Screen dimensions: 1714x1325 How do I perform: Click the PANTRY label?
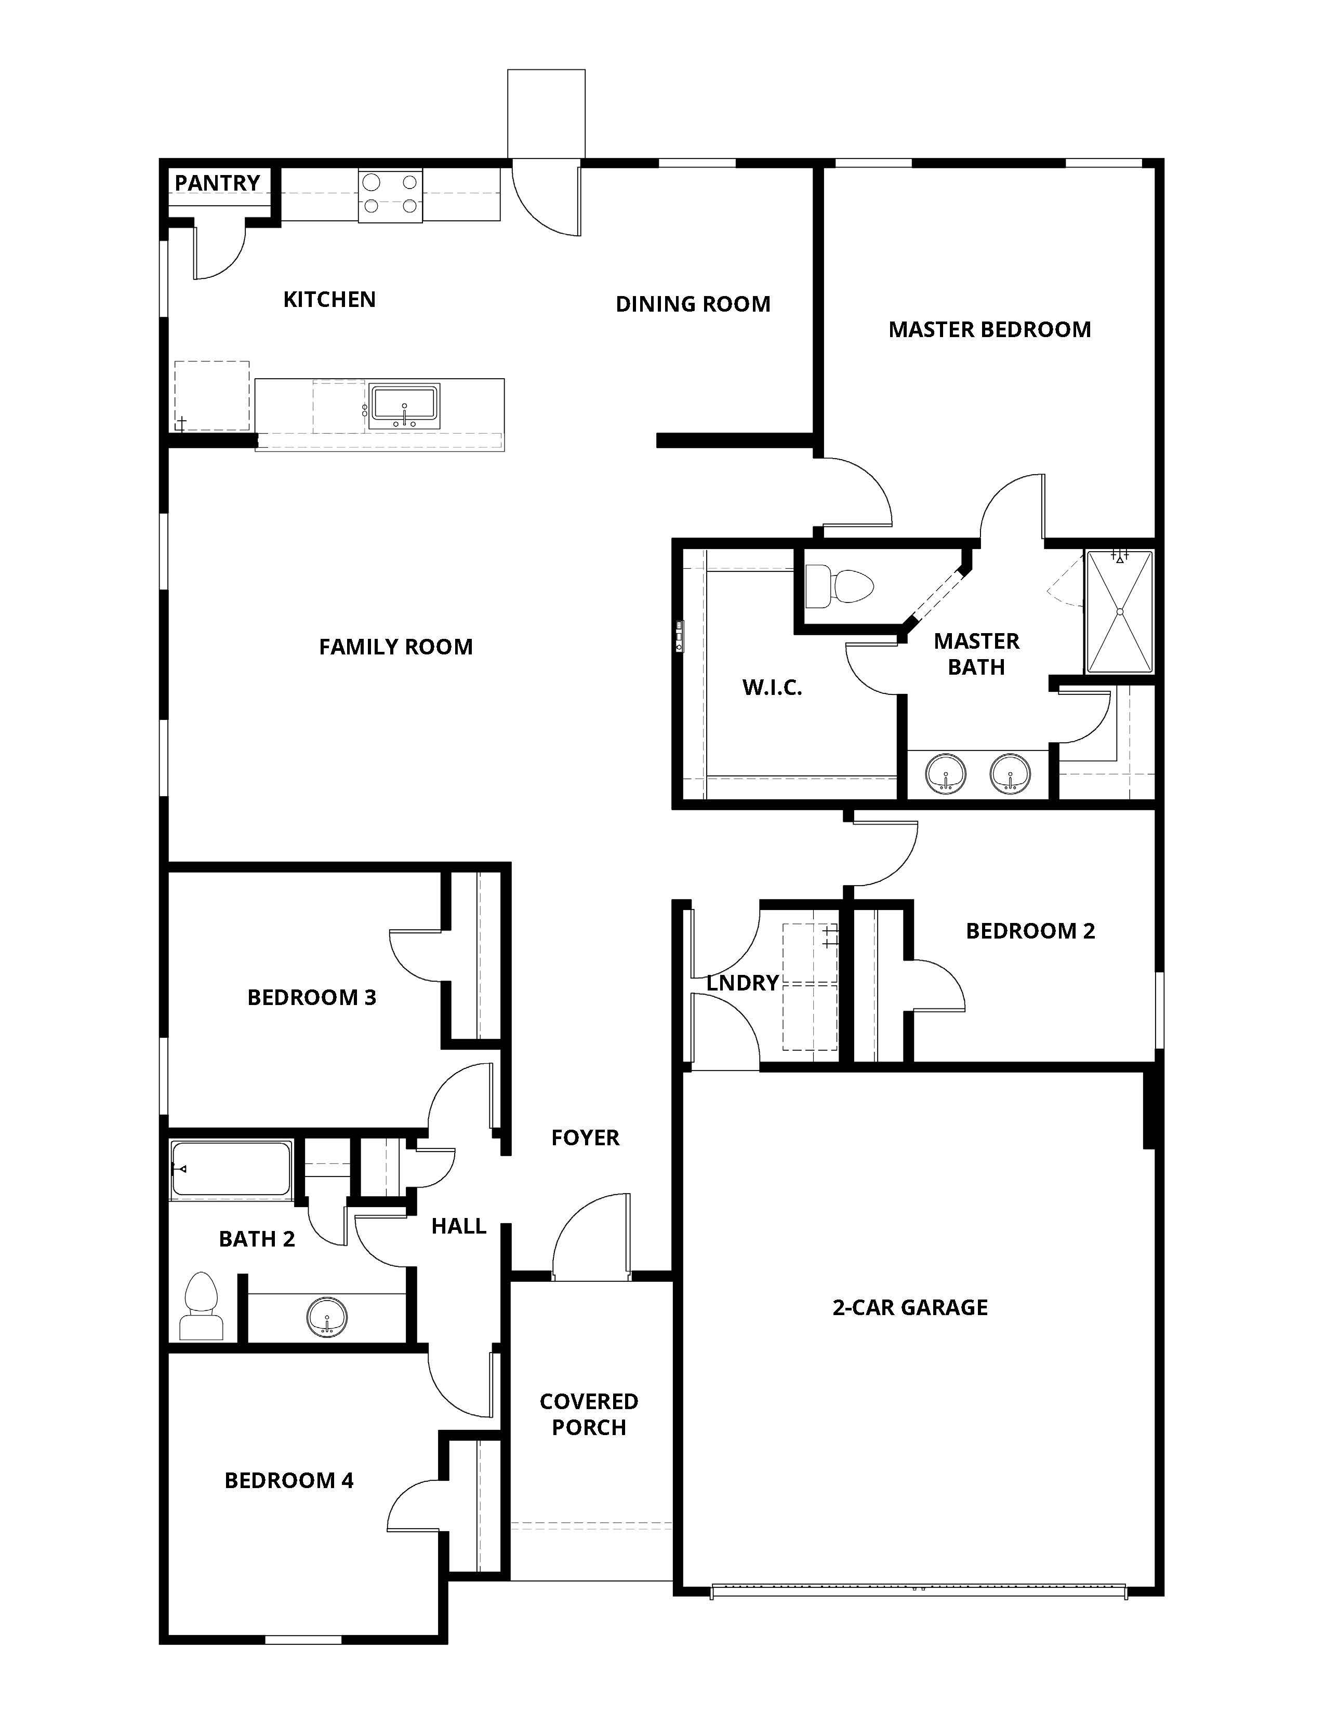[x=217, y=183]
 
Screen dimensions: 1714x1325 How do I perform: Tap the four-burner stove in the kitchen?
[x=390, y=195]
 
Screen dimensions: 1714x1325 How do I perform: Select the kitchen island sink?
[x=404, y=406]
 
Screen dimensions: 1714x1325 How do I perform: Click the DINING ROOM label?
[x=692, y=304]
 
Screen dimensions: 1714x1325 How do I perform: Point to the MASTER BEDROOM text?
[x=989, y=330]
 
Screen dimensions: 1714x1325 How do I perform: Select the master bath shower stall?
[x=1119, y=612]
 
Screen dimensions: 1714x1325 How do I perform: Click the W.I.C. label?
[x=772, y=688]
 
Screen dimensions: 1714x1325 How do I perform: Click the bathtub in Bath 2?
[x=231, y=1169]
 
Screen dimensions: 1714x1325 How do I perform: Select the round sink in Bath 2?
[x=326, y=1316]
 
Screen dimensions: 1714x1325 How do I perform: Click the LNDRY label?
[x=742, y=983]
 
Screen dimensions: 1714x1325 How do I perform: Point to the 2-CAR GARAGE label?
[x=910, y=1307]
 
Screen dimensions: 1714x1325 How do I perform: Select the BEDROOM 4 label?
[x=289, y=1480]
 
